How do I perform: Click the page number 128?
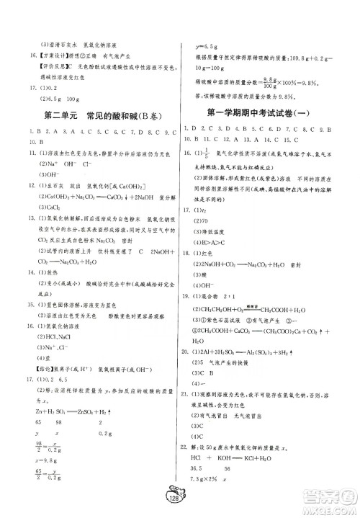tap(177, 501)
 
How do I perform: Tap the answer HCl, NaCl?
tap(44, 337)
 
